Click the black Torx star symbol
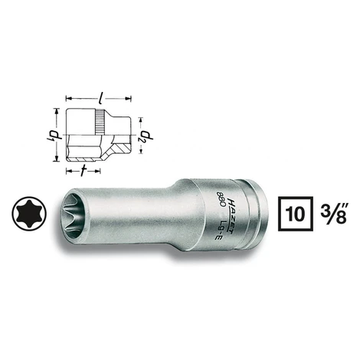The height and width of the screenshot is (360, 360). pyautogui.click(x=29, y=214)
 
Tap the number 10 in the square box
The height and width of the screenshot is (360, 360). pyautogui.click(x=295, y=214)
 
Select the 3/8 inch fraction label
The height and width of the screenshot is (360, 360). pyautogui.click(x=334, y=213)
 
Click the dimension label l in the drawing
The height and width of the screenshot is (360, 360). pyautogui.click(x=101, y=98)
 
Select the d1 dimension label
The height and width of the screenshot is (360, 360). pyautogui.click(x=52, y=135)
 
